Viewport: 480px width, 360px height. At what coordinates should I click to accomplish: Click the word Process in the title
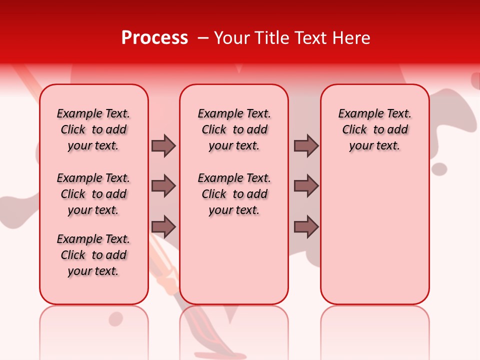click(154, 37)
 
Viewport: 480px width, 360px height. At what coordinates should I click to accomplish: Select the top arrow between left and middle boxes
click(163, 145)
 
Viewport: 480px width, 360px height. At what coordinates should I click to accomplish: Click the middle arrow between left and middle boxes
click(163, 186)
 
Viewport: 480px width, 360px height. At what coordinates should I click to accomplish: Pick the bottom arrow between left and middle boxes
click(163, 227)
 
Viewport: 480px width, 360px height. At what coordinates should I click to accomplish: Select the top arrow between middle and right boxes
click(306, 145)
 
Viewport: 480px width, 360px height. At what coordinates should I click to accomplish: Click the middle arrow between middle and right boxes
click(306, 186)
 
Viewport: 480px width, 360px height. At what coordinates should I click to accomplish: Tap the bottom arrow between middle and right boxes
click(306, 227)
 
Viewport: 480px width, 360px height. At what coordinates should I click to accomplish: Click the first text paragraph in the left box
click(93, 129)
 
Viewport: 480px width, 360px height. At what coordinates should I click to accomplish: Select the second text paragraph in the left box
click(93, 194)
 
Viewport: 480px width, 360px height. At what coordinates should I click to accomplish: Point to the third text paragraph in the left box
click(93, 255)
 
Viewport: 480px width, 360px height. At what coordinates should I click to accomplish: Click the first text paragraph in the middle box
click(234, 129)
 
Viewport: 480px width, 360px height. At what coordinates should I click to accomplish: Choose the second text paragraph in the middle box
click(234, 194)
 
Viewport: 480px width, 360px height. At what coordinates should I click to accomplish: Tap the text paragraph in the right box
click(375, 129)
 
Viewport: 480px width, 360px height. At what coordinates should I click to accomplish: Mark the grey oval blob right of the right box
click(439, 169)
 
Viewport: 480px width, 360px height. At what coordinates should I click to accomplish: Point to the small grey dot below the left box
click(116, 318)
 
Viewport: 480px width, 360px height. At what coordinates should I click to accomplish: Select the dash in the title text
click(203, 38)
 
